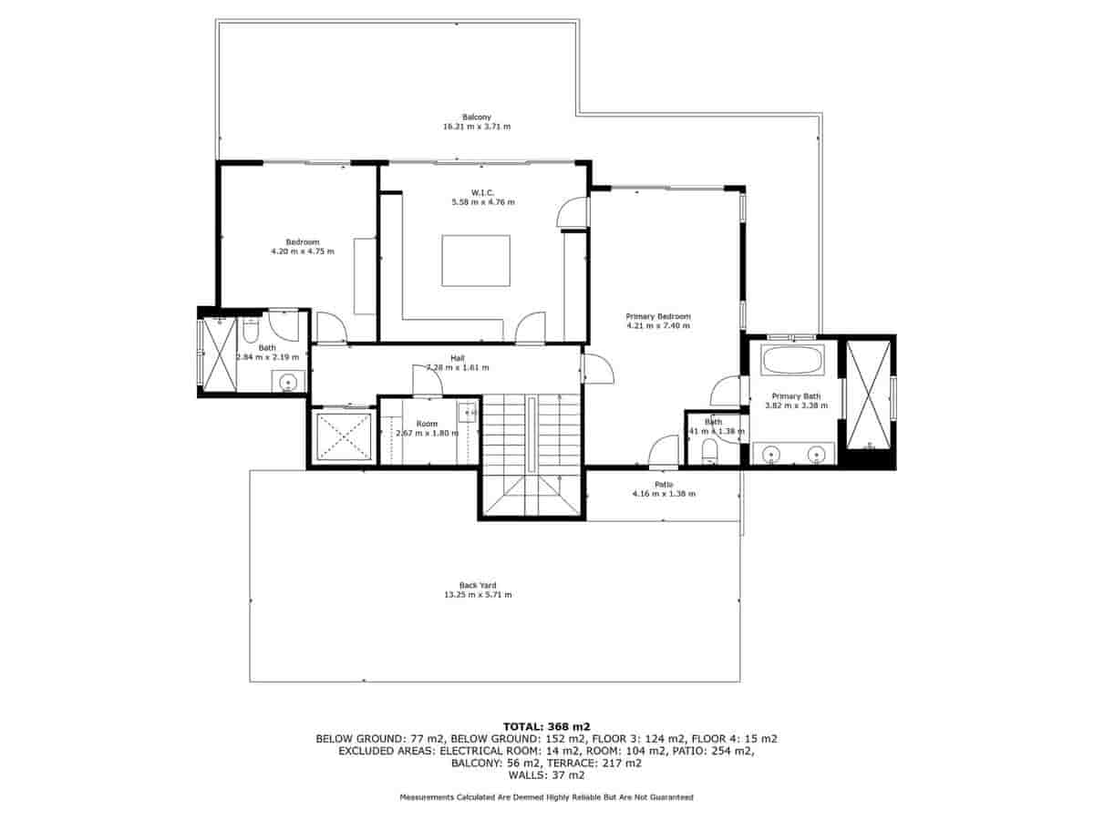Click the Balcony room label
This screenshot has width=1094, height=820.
tap(477, 117)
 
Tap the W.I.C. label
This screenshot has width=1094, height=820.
tap(482, 192)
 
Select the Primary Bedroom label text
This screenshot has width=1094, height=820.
tap(658, 316)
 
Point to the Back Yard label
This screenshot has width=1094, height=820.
tap(478, 585)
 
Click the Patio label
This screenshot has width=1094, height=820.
tap(664, 484)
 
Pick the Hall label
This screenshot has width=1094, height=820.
tap(458, 358)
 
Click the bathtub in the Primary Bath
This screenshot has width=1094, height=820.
tap(792, 360)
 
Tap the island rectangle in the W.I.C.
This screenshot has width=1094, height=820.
tap(476, 261)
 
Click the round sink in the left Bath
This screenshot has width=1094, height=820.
tap(288, 381)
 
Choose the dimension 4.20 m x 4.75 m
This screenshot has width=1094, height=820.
tap(303, 251)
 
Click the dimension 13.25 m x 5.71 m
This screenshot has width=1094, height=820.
tap(478, 595)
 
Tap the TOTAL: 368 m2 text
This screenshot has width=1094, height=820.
tap(546, 726)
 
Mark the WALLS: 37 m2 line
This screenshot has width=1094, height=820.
tap(546, 776)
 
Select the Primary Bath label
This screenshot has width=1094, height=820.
tap(797, 396)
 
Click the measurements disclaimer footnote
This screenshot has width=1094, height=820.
tap(546, 797)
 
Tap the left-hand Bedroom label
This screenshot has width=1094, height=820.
tap(303, 241)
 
